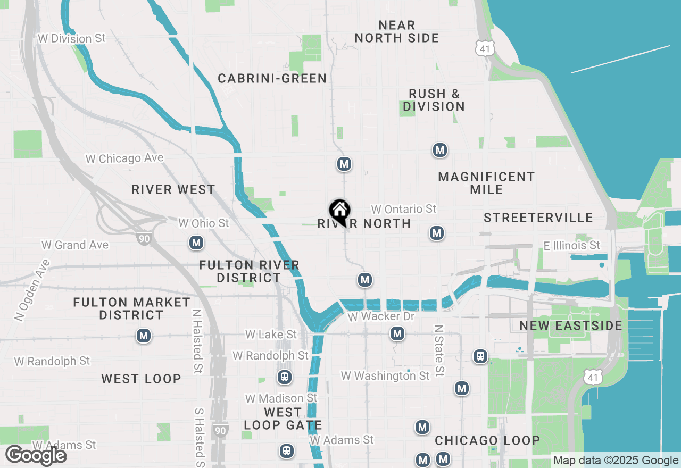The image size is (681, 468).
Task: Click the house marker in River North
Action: (339, 211)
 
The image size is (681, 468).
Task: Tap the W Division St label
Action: (71, 39)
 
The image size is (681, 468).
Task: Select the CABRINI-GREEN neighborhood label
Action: (272, 79)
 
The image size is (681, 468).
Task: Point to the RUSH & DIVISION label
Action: (434, 100)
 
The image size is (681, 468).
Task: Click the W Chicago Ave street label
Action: (124, 158)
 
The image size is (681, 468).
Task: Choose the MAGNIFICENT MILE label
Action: (486, 183)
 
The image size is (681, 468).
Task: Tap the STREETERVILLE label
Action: (538, 218)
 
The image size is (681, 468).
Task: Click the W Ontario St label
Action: (404, 209)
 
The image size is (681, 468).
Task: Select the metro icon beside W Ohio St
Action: (196, 243)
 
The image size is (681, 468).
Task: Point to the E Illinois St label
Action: (571, 245)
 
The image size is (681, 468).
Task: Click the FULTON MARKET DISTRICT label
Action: (131, 308)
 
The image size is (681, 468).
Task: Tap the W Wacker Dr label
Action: (380, 317)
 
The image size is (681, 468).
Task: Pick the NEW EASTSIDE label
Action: (571, 325)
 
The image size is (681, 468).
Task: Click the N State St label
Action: (439, 351)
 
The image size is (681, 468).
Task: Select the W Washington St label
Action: (385, 376)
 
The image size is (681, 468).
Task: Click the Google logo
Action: (36, 456)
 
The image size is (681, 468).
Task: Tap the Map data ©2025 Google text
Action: (616, 461)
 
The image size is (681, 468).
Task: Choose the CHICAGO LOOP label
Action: (487, 440)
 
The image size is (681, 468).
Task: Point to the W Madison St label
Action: (281, 398)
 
